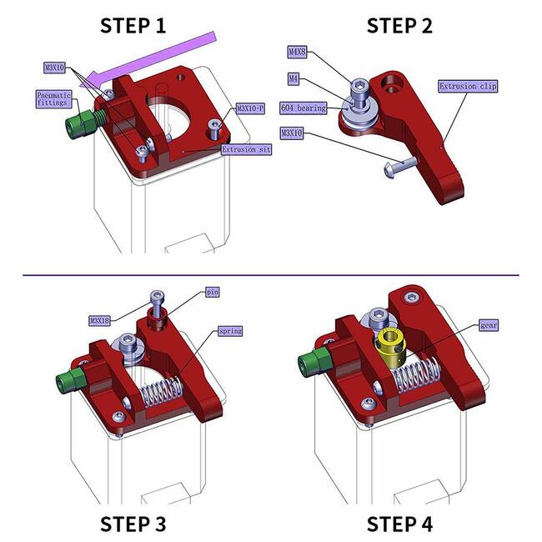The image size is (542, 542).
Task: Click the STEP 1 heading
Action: tap(133, 25)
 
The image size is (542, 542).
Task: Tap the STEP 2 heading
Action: tap(399, 25)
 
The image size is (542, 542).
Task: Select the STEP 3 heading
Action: tap(133, 523)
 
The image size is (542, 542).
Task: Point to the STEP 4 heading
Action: tap(399, 523)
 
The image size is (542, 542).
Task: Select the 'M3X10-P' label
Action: tap(249, 108)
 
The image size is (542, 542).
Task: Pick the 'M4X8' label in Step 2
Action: tap(297, 52)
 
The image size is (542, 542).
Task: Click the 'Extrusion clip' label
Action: tap(468, 86)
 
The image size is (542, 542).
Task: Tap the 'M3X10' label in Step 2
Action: tap(294, 132)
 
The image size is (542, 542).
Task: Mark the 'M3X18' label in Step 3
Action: tap(101, 319)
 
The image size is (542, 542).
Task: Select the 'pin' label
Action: tap(212, 293)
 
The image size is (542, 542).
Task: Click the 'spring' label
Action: tap(229, 331)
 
